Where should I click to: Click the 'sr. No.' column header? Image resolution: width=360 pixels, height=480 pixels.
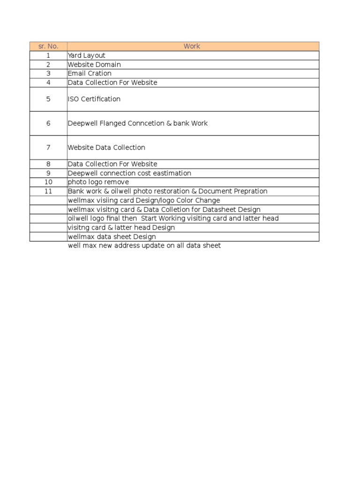tap(48, 46)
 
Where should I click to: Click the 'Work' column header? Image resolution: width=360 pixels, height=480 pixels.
tap(192, 46)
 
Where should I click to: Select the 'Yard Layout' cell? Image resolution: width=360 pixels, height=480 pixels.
tap(87, 55)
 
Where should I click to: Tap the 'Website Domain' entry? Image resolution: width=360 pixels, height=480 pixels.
tap(94, 64)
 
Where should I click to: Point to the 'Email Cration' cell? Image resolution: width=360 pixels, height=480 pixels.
tap(90, 74)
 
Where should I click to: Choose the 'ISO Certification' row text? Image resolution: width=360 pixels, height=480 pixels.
tap(94, 99)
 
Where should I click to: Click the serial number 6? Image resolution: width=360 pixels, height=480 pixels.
tap(48, 123)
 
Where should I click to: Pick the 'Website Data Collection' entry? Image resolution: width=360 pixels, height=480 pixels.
tap(106, 148)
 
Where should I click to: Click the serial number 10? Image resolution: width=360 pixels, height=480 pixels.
tap(48, 182)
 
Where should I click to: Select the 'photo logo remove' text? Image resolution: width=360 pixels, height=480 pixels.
tap(98, 182)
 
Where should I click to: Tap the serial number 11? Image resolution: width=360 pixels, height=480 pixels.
tap(48, 191)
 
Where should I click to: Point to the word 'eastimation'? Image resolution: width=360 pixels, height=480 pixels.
tap(171, 173)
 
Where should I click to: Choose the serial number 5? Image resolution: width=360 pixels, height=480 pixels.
tap(48, 99)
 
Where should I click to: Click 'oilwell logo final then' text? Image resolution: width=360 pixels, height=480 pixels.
tap(102, 218)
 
